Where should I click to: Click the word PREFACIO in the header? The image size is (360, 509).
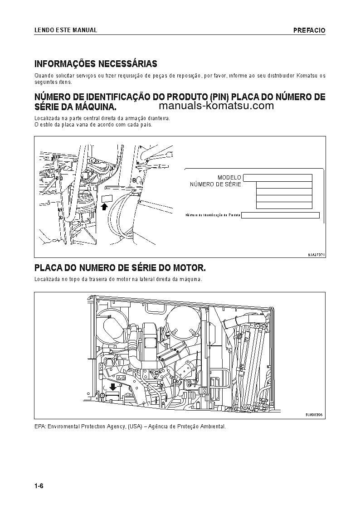pyautogui.click(x=309, y=30)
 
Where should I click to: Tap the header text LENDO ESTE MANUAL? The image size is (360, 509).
pyautogui.click(x=66, y=30)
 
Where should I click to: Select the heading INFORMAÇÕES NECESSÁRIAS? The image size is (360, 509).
pyautogui.click(x=96, y=64)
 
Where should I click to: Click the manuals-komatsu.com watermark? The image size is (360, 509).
pyautogui.click(x=217, y=106)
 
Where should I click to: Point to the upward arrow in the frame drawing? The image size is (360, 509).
pyautogui.click(x=104, y=207)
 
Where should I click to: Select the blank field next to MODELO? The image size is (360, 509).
pyautogui.click(x=277, y=178)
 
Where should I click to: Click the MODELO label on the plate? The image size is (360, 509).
pyautogui.click(x=229, y=178)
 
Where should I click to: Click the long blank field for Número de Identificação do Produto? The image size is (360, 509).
pyautogui.click(x=280, y=215)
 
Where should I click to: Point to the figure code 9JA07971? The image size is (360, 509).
pyautogui.click(x=316, y=254)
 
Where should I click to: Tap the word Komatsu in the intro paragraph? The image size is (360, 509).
pyautogui.click(x=308, y=75)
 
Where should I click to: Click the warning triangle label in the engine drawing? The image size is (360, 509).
pyautogui.click(x=121, y=377)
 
